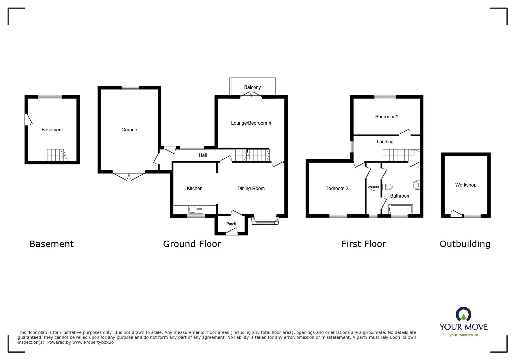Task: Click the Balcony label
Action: [252, 87]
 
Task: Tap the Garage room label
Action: [129, 130]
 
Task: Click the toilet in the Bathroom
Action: [388, 187]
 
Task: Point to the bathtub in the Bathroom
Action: [400, 209]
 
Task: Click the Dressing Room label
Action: [373, 189]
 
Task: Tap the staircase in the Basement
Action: [56, 155]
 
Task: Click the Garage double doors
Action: [129, 176]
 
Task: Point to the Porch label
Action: [231, 224]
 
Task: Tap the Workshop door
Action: [456, 214]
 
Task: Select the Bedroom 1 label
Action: [386, 117]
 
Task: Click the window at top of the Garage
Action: [130, 88]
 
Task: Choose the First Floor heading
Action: [363, 244]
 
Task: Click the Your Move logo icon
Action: [463, 315]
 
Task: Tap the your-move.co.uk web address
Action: [464, 335]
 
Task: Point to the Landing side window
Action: [352, 147]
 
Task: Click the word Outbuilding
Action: [465, 244]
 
